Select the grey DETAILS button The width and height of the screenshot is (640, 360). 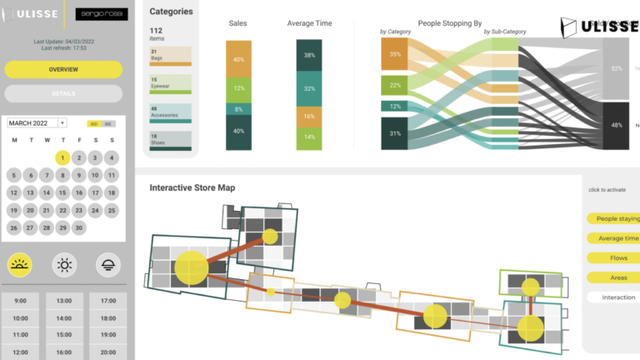(x=63, y=93)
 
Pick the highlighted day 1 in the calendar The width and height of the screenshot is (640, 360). (x=62, y=157)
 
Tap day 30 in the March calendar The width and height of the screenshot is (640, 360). (x=79, y=227)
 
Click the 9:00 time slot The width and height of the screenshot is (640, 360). (x=21, y=301)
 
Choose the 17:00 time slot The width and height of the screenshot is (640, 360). (x=107, y=301)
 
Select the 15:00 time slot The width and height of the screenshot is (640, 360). (x=64, y=336)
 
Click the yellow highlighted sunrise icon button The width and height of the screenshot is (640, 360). (x=20, y=265)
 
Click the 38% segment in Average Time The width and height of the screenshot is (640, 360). (x=309, y=55)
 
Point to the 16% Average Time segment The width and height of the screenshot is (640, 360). (x=309, y=117)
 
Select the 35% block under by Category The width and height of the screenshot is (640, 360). (x=395, y=55)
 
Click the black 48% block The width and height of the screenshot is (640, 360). (x=617, y=125)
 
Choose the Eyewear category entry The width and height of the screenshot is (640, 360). (x=171, y=84)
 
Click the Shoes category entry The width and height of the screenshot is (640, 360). (x=171, y=140)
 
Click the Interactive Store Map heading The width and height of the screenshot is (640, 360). (x=192, y=187)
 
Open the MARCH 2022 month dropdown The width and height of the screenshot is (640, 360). (x=37, y=123)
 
